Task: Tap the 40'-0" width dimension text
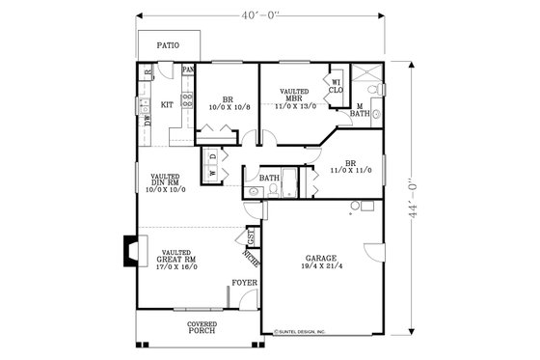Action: tap(259, 14)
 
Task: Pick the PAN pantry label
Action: tap(188, 70)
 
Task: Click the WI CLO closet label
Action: tap(337, 87)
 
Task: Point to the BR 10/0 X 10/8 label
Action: tap(229, 103)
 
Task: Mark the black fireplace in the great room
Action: tap(127, 252)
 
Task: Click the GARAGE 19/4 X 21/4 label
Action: tap(321, 263)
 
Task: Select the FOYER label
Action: tap(243, 284)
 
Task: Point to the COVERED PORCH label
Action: tap(202, 329)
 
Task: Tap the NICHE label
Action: tap(251, 259)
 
